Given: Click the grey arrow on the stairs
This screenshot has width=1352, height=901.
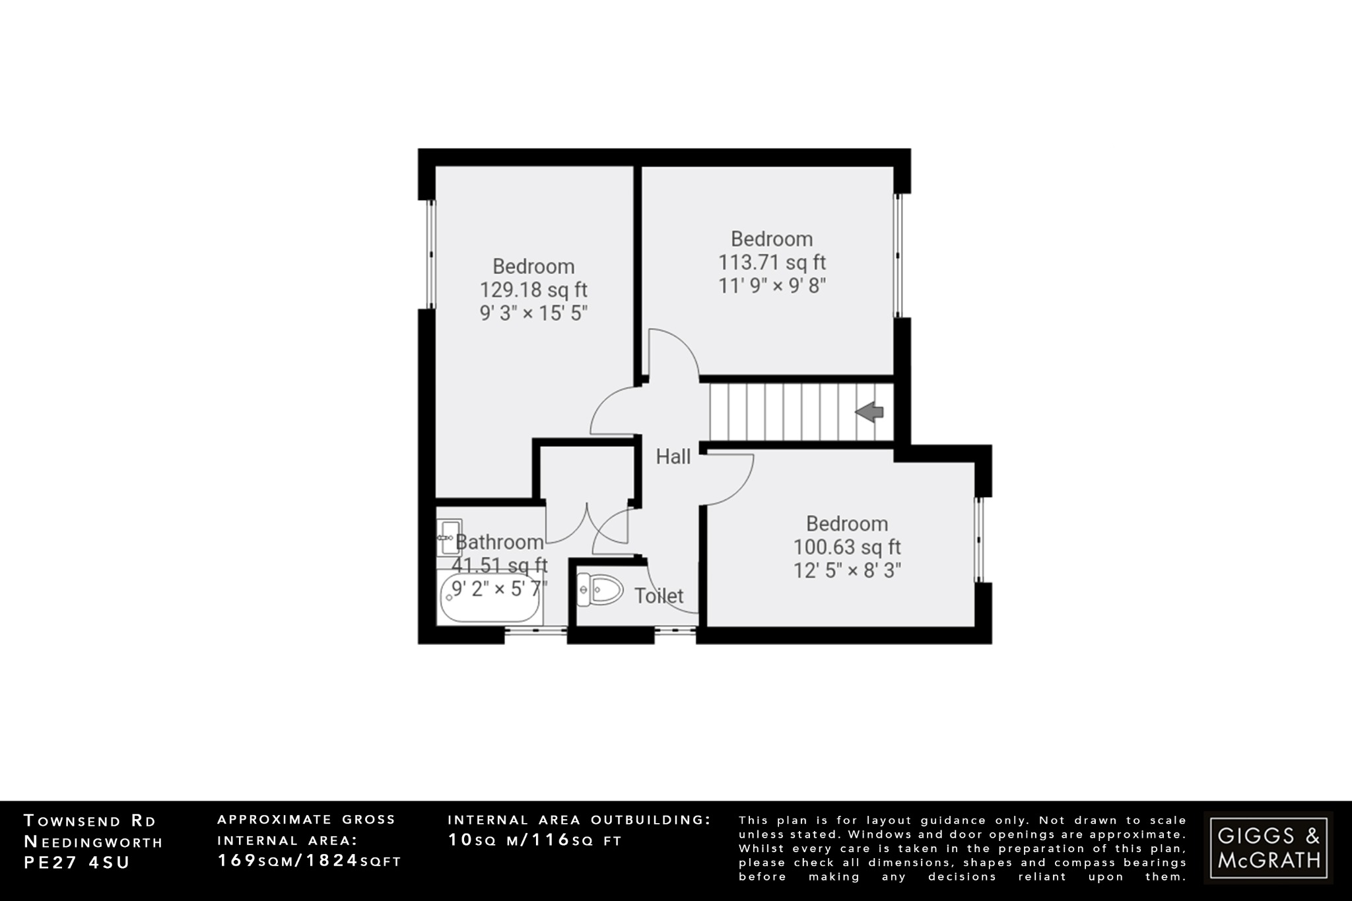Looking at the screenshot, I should point(869,413).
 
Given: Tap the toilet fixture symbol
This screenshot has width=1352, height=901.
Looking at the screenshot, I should point(600,589).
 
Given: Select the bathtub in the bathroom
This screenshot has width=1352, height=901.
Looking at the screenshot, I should point(490,599).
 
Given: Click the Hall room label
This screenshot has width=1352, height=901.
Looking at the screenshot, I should point(673,456).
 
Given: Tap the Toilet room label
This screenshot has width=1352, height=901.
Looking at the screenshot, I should point(659,596).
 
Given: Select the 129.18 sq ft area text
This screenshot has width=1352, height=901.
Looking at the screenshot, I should point(533,290).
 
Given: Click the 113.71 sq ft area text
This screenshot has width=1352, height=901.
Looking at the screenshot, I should point(772,262).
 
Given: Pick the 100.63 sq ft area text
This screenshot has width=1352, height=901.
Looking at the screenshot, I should point(847,547).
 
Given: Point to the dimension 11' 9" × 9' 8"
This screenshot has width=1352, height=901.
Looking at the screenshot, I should point(772,286).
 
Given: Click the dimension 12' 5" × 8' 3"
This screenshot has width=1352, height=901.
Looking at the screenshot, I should point(847,570).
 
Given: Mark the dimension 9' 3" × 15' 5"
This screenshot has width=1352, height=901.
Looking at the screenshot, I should point(533,313).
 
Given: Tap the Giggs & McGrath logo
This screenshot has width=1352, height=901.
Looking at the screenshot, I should point(1268,848).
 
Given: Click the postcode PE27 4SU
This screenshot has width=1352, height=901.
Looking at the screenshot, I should point(77,862).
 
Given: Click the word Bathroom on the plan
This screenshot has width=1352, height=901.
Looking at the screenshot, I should point(500,542).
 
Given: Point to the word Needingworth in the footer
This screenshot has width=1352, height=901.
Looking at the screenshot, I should point(93,842).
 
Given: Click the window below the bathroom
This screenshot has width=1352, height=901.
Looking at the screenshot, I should point(535,630).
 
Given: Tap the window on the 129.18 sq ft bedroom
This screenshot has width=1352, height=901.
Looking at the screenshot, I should point(430,254).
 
